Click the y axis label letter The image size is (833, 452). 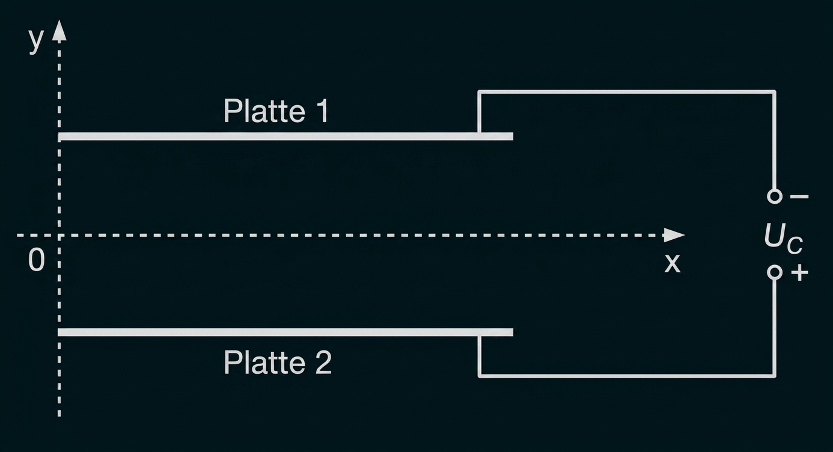[x=36, y=41]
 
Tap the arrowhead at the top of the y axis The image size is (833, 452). [x=59, y=30]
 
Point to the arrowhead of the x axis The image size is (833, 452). [x=674, y=235]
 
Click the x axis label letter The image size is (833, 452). [x=673, y=263]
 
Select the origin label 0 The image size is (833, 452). [x=37, y=260]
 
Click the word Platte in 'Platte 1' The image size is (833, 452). [x=264, y=111]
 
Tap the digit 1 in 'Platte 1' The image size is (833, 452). [x=323, y=111]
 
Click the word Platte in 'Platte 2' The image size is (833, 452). [x=264, y=362]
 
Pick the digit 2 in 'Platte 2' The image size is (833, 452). [x=323, y=362]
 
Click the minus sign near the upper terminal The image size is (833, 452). [x=799, y=196]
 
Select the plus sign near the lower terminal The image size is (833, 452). [x=799, y=273]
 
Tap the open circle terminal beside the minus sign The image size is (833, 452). [x=775, y=196]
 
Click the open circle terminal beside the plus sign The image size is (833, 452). [x=775, y=272]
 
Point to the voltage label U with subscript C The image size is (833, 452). [x=783, y=239]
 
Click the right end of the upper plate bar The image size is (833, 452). [x=513, y=136]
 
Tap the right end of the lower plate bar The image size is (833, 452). [x=513, y=332]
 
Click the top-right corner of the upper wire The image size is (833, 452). [x=774, y=92]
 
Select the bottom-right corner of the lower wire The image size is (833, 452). [x=774, y=376]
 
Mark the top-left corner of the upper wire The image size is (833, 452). [x=480, y=92]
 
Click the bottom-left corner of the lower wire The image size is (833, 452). [x=480, y=376]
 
